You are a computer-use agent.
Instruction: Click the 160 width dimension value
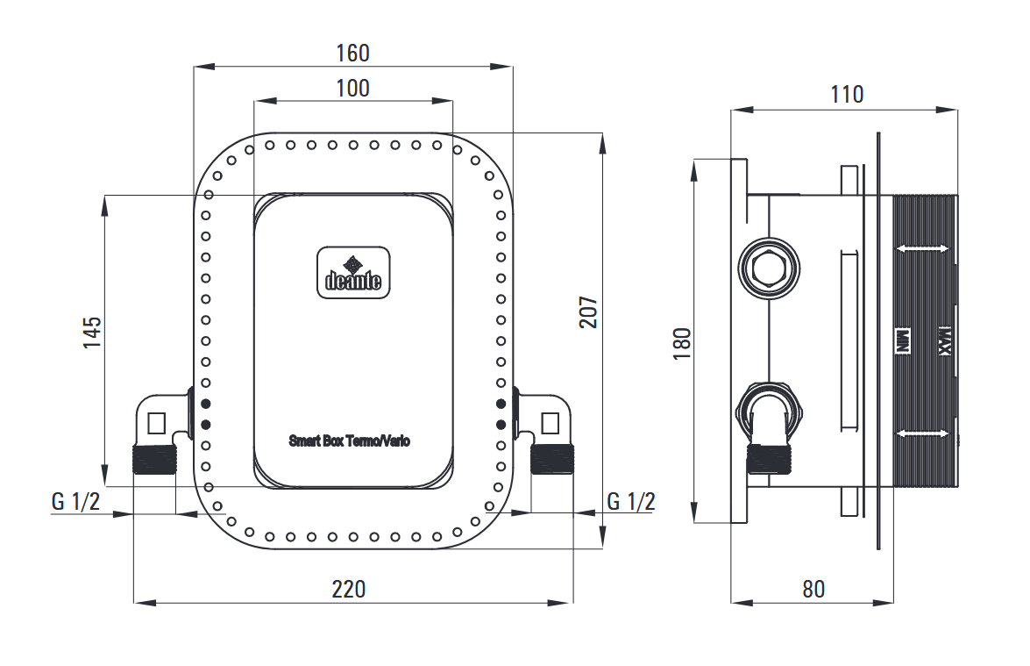pyautogui.click(x=352, y=53)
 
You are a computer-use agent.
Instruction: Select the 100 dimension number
pyautogui.click(x=352, y=88)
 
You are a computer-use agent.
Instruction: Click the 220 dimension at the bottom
pyautogui.click(x=349, y=589)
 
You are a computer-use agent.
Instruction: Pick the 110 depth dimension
pyautogui.click(x=847, y=94)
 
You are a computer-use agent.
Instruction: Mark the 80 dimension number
pyautogui.click(x=813, y=589)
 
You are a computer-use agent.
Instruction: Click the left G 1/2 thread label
pyautogui.click(x=76, y=501)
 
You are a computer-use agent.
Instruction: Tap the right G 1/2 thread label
pyautogui.click(x=631, y=501)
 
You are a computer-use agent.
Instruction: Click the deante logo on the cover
pyautogui.click(x=353, y=272)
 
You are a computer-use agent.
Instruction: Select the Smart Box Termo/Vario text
pyautogui.click(x=350, y=441)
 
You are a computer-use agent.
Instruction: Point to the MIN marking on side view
pyautogui.click(x=900, y=340)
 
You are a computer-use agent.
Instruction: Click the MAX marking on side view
pyautogui.click(x=945, y=340)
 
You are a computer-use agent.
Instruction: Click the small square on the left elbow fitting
pyautogui.click(x=158, y=423)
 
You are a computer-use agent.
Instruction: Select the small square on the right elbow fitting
pyautogui.click(x=550, y=423)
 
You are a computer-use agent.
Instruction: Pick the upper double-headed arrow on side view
pyautogui.click(x=923, y=250)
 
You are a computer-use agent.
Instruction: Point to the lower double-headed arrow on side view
pyautogui.click(x=923, y=433)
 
